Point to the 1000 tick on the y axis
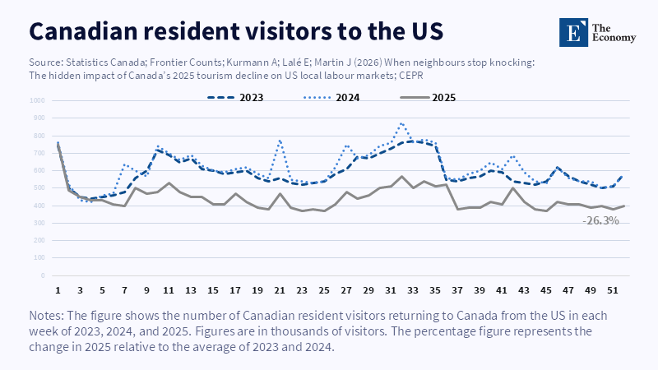point(38,101)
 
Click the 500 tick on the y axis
point(39,188)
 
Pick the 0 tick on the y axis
point(43,276)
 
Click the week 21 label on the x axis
point(279,290)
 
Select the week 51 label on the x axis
point(611,290)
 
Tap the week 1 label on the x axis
point(58,290)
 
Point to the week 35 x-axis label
point(434,290)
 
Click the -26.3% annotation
point(600,221)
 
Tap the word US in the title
point(424,30)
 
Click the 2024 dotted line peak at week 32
point(401,123)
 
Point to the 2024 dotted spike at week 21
point(280,140)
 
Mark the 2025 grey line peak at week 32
point(401,176)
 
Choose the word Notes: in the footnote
point(50,315)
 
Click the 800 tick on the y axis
point(39,136)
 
